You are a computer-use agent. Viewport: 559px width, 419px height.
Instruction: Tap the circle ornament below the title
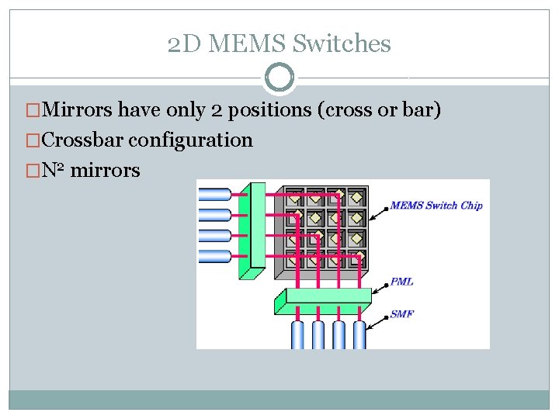tap(279, 78)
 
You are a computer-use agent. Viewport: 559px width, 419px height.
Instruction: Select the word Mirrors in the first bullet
tap(77, 111)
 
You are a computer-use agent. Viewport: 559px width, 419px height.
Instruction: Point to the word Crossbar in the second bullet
tap(83, 140)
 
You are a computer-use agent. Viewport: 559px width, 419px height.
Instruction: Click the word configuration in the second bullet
tap(191, 140)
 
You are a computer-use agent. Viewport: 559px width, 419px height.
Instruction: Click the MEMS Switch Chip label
tap(436, 206)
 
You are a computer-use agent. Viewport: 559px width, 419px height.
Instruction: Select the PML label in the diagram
tap(401, 282)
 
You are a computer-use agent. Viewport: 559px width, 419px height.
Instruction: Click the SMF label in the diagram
tap(401, 314)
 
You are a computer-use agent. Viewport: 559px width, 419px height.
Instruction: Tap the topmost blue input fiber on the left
tap(214, 194)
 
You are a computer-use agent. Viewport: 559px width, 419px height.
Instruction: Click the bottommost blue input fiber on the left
tap(214, 255)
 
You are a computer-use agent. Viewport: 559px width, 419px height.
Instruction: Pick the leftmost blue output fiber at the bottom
tap(297, 334)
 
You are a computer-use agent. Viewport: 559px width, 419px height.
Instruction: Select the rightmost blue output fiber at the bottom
tap(359, 334)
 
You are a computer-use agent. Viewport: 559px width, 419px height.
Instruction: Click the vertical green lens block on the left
tap(252, 229)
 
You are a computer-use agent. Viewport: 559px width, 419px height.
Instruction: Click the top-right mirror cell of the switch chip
tap(357, 197)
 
